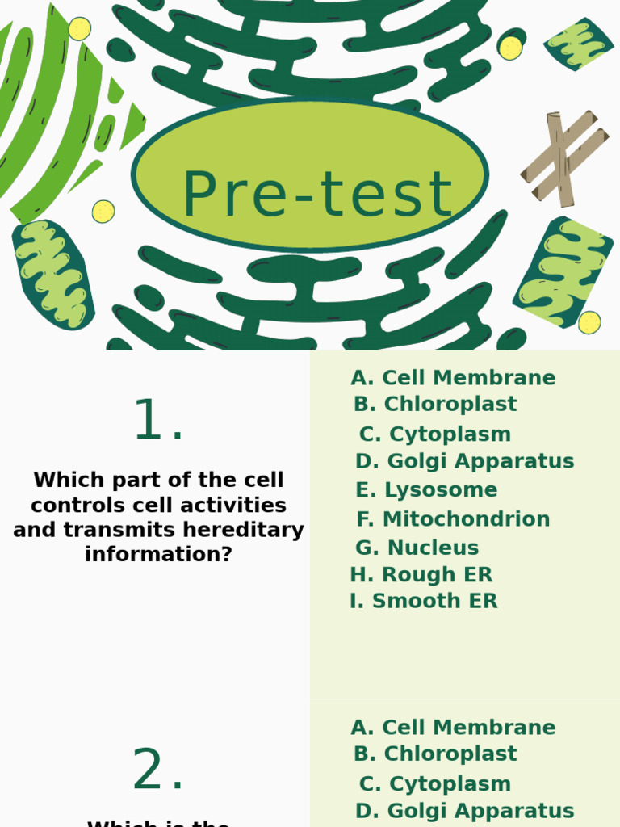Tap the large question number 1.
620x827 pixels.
(x=158, y=422)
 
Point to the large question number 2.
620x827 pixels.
(x=158, y=771)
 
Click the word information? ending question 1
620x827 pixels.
(x=158, y=555)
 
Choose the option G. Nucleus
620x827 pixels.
(x=417, y=548)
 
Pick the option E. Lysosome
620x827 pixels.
(x=426, y=490)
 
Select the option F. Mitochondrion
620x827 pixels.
(x=453, y=519)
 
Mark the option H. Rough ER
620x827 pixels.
(x=421, y=575)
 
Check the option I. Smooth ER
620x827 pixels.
(x=423, y=601)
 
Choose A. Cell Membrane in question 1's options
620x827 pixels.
(x=453, y=378)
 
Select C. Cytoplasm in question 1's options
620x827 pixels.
(x=434, y=434)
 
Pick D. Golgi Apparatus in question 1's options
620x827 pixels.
(x=464, y=462)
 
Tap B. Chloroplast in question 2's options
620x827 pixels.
(x=435, y=754)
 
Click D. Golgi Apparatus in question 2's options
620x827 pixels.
(x=464, y=811)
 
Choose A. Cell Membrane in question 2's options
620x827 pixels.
(x=453, y=728)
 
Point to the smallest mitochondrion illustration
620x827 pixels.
(x=578, y=44)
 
